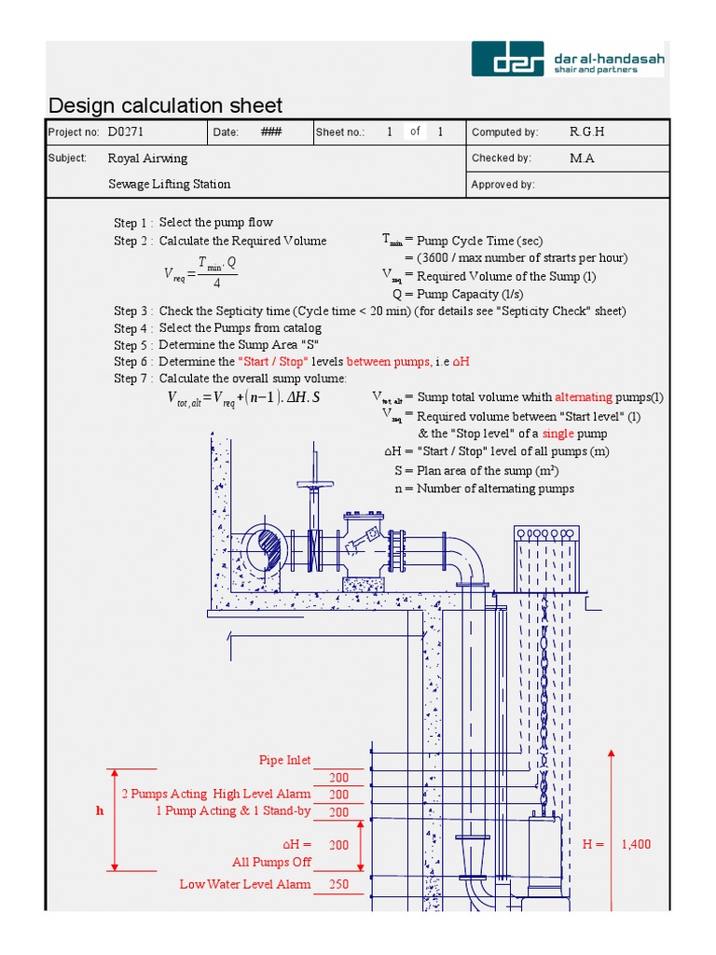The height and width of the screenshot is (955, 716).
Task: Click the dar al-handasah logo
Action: (x=567, y=58)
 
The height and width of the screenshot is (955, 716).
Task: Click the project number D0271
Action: (x=126, y=132)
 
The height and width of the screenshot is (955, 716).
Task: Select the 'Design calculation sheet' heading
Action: (x=165, y=105)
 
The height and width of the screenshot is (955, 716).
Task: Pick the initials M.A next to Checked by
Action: (x=582, y=159)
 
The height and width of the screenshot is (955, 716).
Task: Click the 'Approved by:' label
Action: (x=503, y=185)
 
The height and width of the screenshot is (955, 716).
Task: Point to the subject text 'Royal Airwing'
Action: (x=147, y=159)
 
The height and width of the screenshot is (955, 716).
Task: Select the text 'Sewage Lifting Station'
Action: (x=169, y=185)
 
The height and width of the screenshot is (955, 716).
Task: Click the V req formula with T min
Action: (x=200, y=274)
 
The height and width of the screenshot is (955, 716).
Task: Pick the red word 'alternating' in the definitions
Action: (x=584, y=397)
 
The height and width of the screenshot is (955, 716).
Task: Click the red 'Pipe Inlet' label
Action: (x=284, y=761)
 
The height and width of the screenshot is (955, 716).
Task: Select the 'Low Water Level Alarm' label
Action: (x=245, y=884)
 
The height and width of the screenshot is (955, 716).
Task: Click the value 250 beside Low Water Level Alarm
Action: (x=338, y=884)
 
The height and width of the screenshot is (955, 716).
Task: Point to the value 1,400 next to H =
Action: (x=636, y=844)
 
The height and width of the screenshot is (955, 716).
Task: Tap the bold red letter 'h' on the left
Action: (x=100, y=811)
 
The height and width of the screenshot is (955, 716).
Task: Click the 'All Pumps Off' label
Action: (x=271, y=862)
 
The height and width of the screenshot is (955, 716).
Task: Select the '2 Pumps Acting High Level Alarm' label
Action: (x=216, y=794)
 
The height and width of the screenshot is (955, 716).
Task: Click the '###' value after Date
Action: (x=271, y=132)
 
